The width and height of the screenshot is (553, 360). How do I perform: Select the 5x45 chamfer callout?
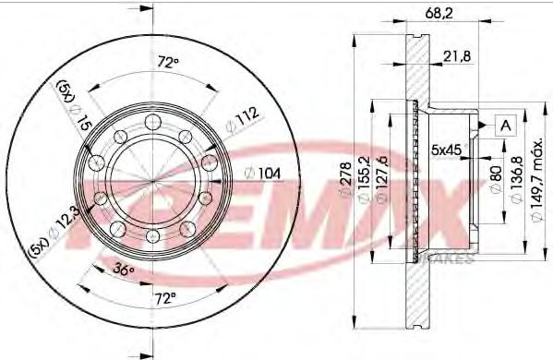pyautogui.click(x=447, y=148)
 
